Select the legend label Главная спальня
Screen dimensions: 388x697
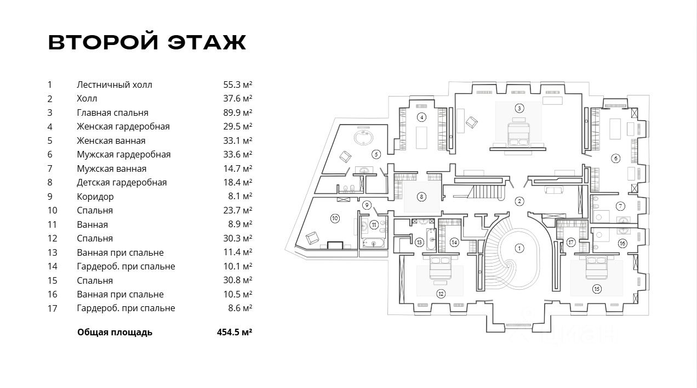[x=112, y=113]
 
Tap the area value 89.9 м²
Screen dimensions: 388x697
[x=237, y=113]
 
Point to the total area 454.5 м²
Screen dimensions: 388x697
[x=235, y=332]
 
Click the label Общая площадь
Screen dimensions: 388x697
[x=115, y=332]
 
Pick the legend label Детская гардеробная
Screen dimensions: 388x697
[x=122, y=182]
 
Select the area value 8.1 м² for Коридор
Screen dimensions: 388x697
[x=240, y=196]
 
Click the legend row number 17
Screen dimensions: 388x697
[x=53, y=308]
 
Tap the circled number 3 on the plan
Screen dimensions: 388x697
[x=519, y=108]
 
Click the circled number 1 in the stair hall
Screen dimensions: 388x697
[x=519, y=248]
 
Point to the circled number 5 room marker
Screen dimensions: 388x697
[x=376, y=154]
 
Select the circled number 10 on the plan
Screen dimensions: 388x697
[x=335, y=218]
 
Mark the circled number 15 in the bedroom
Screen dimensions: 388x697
[x=597, y=288]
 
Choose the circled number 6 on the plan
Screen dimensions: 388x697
[x=616, y=159]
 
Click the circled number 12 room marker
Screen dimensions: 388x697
[x=441, y=294]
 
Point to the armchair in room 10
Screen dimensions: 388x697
[x=312, y=238]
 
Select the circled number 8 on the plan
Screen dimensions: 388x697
[x=421, y=196]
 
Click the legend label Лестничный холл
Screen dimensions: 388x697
[x=115, y=85]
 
